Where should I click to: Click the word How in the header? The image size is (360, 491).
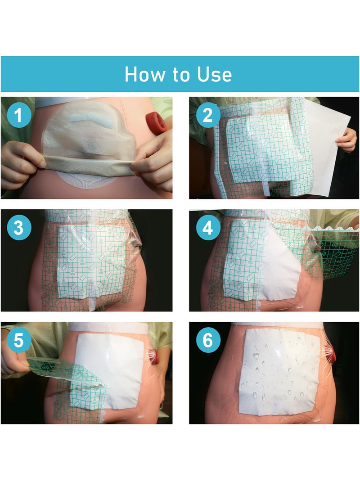(142, 74)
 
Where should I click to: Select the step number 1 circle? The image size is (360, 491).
(19, 116)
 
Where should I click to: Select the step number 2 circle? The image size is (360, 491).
(207, 116)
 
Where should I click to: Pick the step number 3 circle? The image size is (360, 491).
(19, 228)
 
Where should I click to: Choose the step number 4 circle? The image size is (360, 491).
(207, 228)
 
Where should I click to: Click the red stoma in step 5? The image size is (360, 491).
(154, 356)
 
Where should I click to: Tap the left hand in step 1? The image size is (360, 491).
(20, 164)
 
